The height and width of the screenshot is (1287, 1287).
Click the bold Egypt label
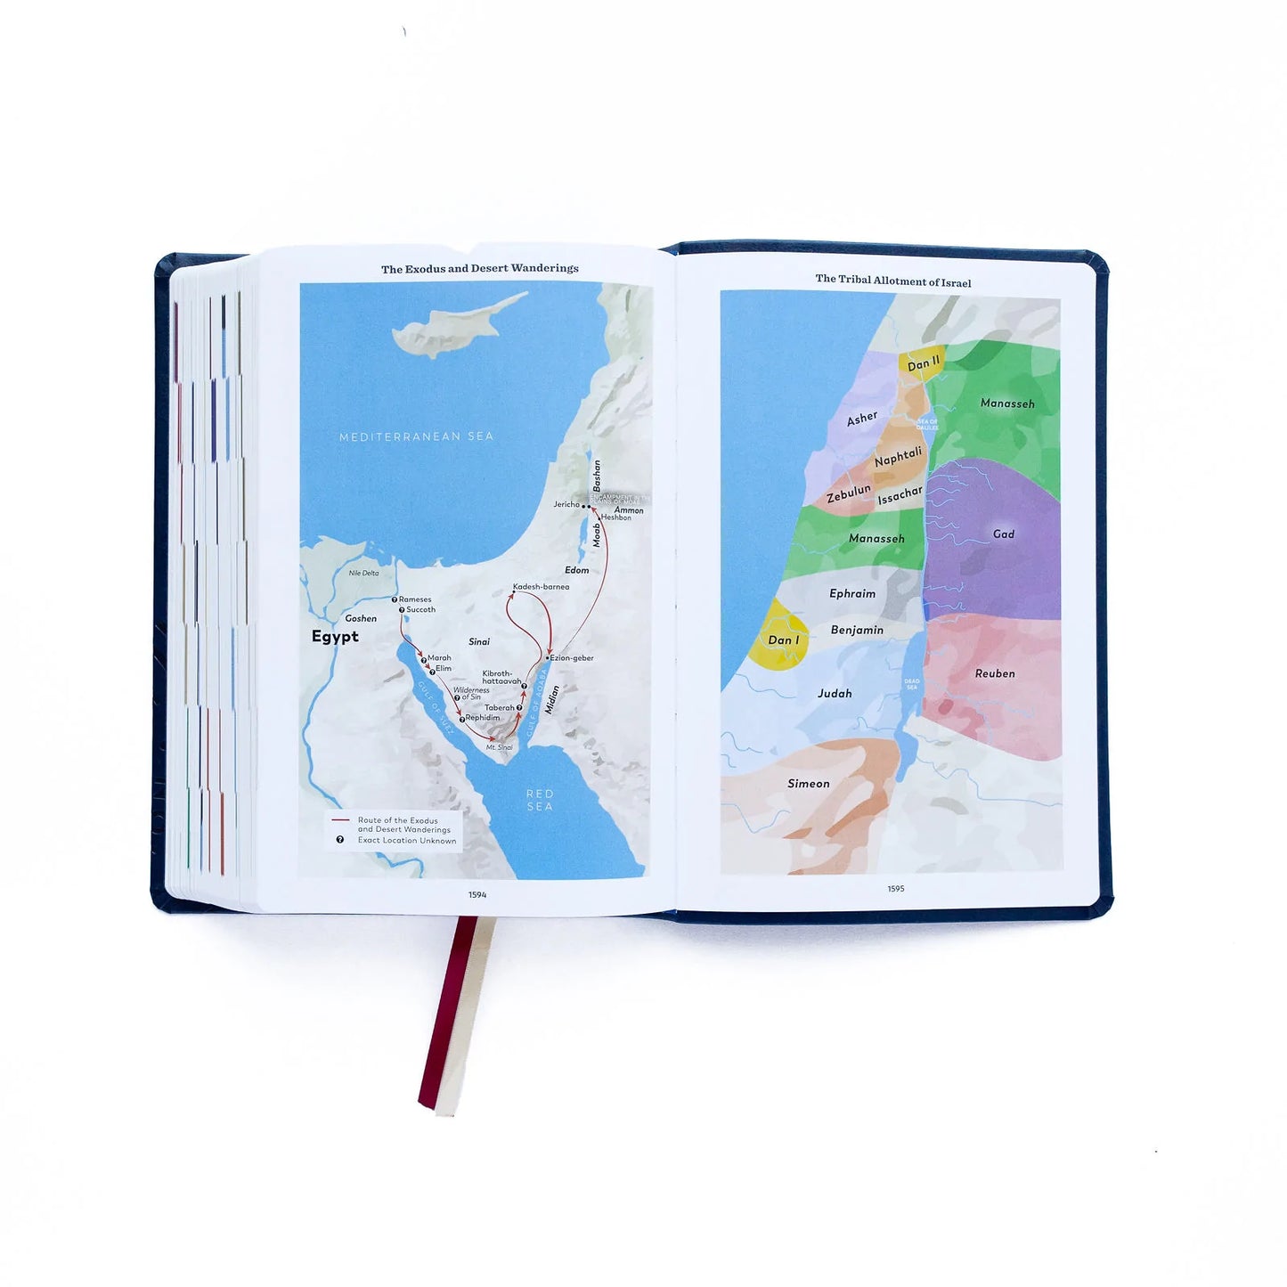coord(335,637)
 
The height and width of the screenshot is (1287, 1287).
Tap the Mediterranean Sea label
coord(416,436)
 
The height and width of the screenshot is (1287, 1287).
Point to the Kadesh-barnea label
coord(541,587)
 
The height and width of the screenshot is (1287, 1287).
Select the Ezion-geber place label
coord(572,658)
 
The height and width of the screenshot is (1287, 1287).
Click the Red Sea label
coord(540,800)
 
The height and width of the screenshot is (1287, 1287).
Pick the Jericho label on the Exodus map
coord(566,504)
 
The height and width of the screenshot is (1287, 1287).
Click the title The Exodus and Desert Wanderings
coord(480,268)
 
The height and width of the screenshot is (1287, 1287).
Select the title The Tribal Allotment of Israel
coord(893,281)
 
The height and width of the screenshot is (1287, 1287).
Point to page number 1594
coord(477,895)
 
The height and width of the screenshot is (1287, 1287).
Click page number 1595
coord(896,889)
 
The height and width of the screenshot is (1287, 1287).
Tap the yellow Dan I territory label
coord(784,640)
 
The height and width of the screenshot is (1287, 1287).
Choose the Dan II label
coord(924,362)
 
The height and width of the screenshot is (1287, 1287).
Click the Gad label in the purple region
coord(1004,534)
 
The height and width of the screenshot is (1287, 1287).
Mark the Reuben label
coord(995,674)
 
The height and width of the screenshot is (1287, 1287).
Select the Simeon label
coord(809,784)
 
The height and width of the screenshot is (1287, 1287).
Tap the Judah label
coord(835,694)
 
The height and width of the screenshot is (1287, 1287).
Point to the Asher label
coord(862,419)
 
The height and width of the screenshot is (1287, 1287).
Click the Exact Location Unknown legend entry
coord(406,841)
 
